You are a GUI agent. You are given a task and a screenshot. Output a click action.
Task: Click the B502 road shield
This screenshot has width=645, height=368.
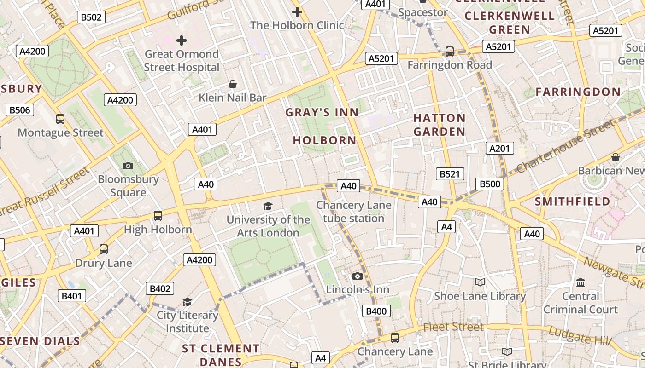[x=91, y=17]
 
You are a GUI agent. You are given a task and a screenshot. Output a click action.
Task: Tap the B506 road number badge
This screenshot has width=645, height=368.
[x=19, y=110]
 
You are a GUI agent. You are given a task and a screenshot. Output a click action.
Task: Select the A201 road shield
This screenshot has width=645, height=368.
[x=499, y=148]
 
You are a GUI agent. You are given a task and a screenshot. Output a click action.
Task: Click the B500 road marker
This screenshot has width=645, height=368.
[x=490, y=184]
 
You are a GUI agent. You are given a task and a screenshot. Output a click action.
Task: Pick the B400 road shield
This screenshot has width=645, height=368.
[x=376, y=311]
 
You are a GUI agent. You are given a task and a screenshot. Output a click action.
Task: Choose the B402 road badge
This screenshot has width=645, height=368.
[x=160, y=289]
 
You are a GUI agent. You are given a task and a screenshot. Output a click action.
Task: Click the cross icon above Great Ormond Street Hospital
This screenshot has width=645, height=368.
[x=182, y=40]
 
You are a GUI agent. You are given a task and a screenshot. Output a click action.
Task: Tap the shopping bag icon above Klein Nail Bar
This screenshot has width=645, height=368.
[x=233, y=84]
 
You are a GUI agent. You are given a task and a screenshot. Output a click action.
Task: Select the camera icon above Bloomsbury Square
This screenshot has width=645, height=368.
[x=128, y=166]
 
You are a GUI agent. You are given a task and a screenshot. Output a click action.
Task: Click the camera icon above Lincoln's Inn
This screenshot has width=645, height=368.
[x=357, y=276]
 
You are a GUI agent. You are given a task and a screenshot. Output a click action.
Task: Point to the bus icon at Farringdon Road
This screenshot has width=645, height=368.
[x=449, y=52]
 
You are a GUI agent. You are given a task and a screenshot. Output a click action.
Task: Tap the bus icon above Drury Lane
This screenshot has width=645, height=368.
[x=104, y=249]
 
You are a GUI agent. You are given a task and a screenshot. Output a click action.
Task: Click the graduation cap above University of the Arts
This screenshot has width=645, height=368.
[x=268, y=206]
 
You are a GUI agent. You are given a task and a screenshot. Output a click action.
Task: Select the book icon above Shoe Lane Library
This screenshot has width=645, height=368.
[x=480, y=282]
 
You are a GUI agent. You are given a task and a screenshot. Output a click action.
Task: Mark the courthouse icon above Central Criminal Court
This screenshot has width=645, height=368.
[x=580, y=282]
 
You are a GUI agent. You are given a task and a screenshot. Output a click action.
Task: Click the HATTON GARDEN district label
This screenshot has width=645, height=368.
[x=439, y=125]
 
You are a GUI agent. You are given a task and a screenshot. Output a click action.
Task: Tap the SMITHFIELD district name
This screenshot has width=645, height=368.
[x=572, y=201]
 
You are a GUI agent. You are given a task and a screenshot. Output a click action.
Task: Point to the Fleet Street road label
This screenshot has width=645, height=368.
[x=453, y=327]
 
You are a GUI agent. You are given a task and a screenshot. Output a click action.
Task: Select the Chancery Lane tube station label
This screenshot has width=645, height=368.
[x=353, y=212]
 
